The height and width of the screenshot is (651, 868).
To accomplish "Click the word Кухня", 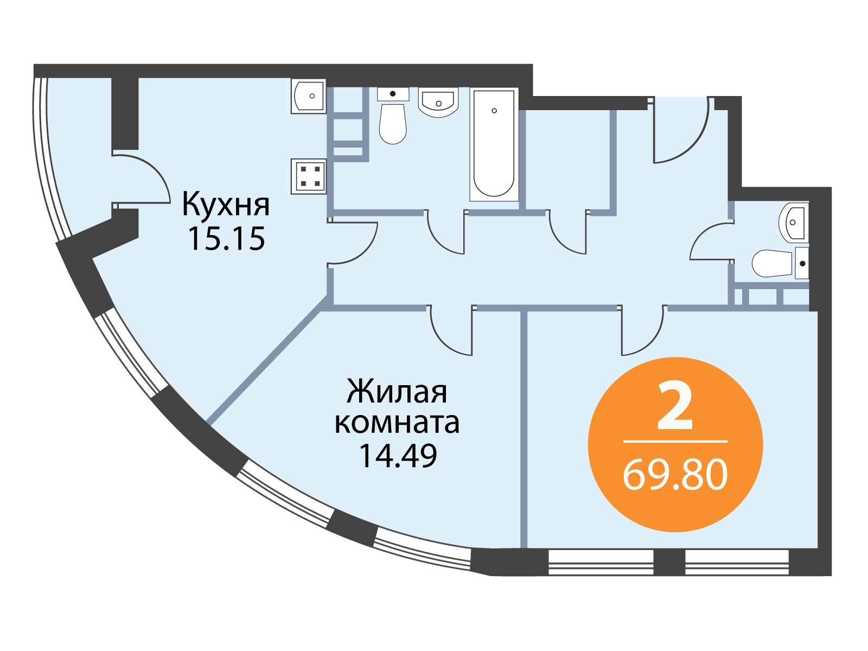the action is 226,204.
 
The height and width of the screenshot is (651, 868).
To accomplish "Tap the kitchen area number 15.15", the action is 226,239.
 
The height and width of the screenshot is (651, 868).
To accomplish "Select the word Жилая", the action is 397,392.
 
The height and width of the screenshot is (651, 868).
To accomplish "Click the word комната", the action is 397,423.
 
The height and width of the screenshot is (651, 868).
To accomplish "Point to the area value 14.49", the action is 397,455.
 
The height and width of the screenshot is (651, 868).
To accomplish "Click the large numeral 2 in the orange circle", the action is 675,407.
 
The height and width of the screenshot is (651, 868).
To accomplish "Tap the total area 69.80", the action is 675,476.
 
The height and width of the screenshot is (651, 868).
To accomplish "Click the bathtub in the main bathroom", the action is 494,145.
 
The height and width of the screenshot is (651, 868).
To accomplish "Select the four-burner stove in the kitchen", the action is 309,176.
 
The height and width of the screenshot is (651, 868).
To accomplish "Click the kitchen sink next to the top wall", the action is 309,97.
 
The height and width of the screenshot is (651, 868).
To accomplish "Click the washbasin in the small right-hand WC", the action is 794,222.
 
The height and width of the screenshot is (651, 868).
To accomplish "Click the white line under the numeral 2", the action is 675,441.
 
